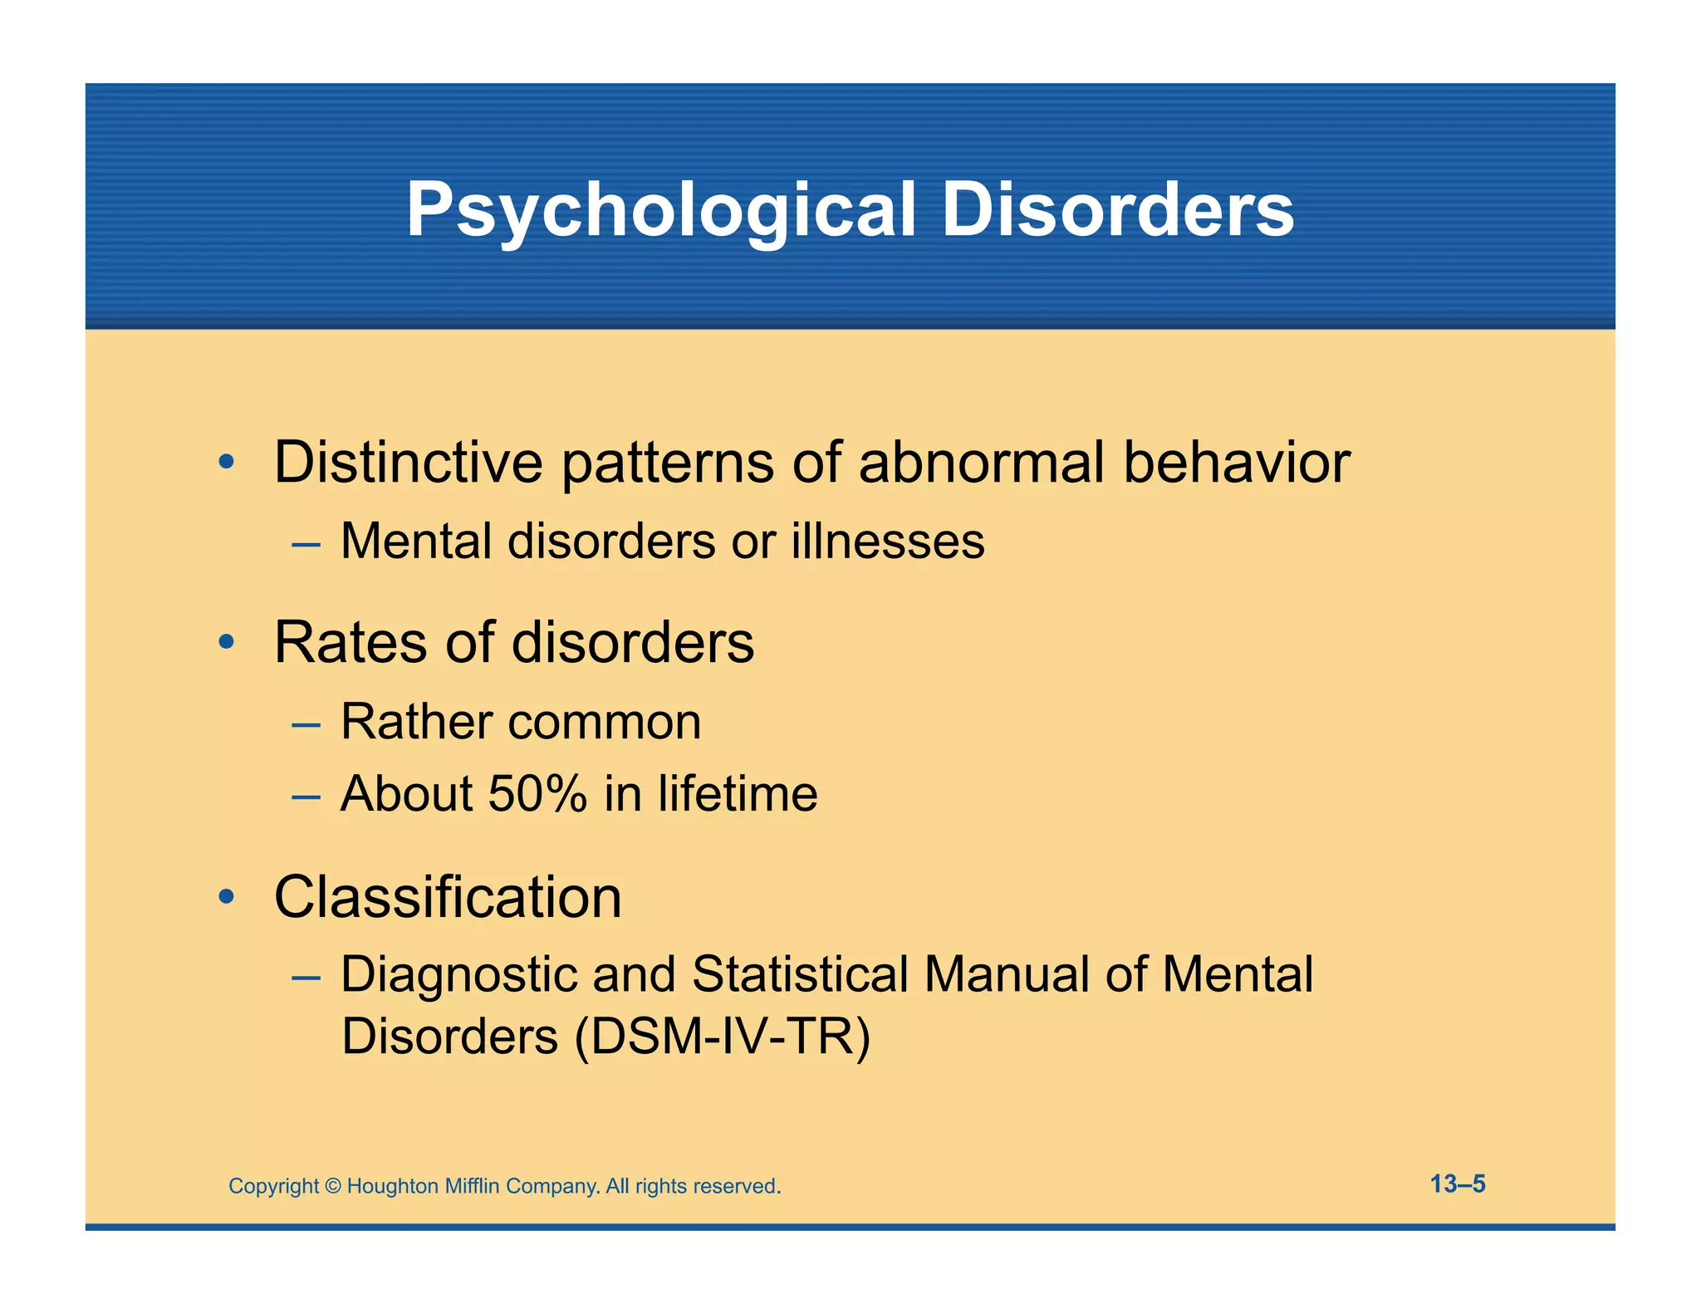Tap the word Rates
point(351,643)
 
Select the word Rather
point(417,721)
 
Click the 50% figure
point(537,793)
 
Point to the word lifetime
point(738,793)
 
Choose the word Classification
point(448,898)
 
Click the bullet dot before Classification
point(227,897)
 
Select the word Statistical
point(800,974)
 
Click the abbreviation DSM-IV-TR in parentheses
point(722,1037)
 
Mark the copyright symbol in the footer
point(332,1186)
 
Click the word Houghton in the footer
point(392,1186)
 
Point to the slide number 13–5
point(1458,1184)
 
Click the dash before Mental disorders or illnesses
point(306,545)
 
